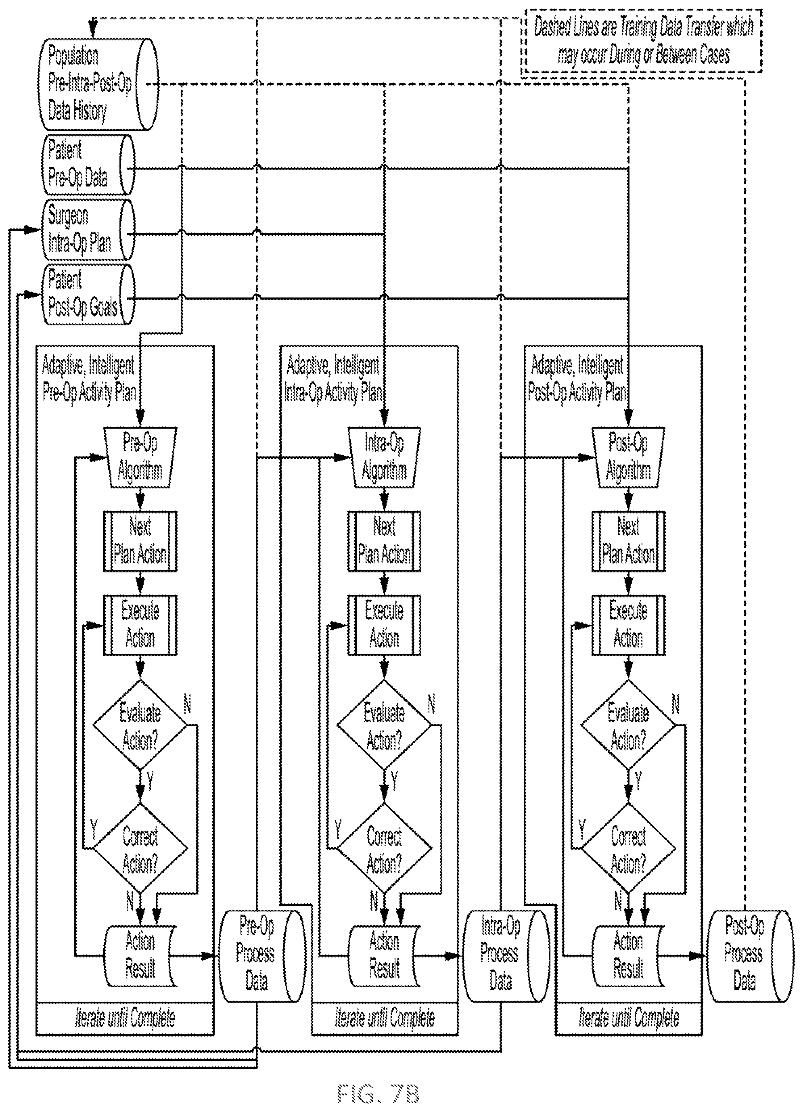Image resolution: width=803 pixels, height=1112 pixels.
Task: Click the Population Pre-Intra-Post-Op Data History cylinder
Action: [98, 84]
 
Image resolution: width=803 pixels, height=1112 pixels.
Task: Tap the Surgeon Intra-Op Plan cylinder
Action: [88, 229]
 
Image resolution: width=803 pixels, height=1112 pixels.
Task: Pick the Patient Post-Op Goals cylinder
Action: [88, 294]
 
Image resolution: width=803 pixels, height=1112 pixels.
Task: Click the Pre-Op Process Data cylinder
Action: [261, 956]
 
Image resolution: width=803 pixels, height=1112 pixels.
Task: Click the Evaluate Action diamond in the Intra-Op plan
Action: [384, 724]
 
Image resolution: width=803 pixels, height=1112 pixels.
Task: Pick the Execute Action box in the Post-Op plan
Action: [628, 625]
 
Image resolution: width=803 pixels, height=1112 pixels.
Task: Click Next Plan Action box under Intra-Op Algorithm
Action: [384, 541]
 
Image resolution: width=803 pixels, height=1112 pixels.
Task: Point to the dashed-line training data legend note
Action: [643, 41]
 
